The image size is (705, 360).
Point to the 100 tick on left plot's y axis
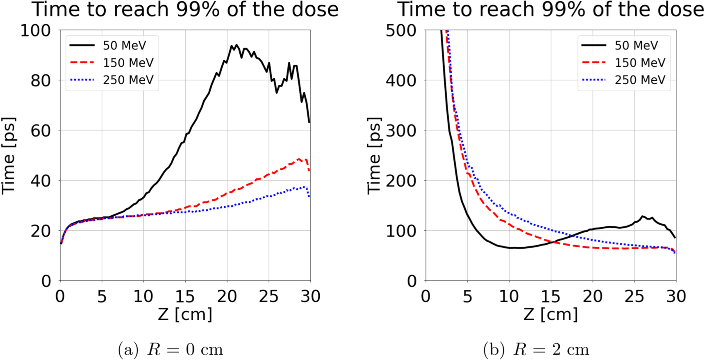[x=35, y=30]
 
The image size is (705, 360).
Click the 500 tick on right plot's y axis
[x=400, y=30]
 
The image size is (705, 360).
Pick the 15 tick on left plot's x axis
[x=185, y=296]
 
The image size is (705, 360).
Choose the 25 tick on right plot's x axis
[x=634, y=296]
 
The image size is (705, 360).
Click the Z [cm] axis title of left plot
[x=185, y=314]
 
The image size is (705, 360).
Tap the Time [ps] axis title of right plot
[x=374, y=155]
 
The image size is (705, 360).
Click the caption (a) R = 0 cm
[x=171, y=350]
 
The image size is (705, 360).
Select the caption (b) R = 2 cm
[x=536, y=350]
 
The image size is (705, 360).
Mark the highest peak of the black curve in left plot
[x=236, y=45]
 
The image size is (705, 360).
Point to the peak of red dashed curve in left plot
[x=299, y=159]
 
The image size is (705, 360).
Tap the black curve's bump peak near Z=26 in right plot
[x=642, y=216]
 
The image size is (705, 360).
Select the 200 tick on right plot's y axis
[x=400, y=181]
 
